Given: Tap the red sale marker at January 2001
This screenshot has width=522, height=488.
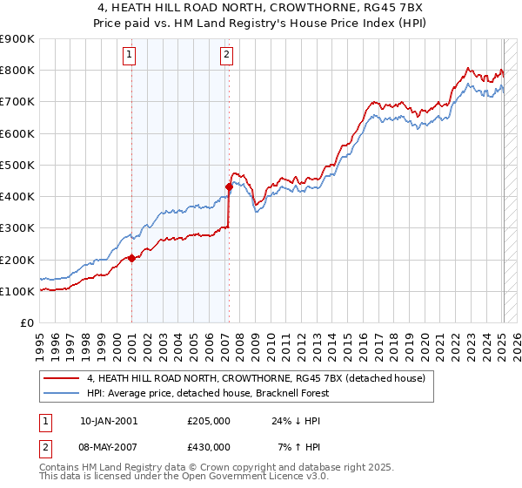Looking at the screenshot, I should click(x=131, y=258).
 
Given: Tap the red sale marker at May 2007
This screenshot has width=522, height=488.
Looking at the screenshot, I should click(x=229, y=186).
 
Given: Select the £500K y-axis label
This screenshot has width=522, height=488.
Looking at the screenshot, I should click(x=18, y=165).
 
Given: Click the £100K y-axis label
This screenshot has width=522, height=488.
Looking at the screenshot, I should click(x=18, y=291).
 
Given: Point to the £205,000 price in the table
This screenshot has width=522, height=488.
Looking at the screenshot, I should click(x=209, y=421).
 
